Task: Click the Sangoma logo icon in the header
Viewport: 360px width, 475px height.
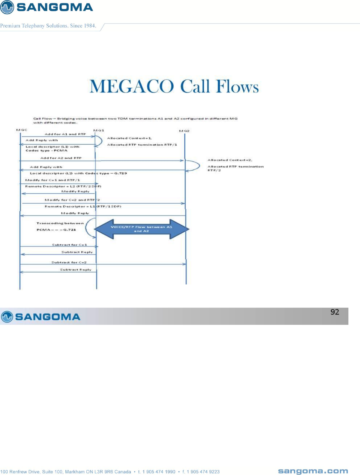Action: point(7,7)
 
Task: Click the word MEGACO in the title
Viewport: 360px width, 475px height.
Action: point(132,86)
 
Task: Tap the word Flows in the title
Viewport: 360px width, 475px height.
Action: point(237,86)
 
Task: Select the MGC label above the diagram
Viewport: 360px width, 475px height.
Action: point(22,130)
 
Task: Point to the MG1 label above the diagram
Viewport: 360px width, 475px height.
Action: point(99,131)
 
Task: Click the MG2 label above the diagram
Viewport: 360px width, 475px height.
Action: point(184,131)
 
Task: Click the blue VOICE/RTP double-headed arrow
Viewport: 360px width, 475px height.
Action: point(141,229)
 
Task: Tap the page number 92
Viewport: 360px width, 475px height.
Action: point(335,312)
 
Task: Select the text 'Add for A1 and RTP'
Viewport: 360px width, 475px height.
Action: point(65,134)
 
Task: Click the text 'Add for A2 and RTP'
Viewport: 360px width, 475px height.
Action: point(61,158)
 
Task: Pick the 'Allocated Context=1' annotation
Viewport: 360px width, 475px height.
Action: point(129,138)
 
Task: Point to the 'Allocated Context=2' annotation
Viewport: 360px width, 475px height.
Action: point(230,160)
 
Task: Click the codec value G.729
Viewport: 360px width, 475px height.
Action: point(121,173)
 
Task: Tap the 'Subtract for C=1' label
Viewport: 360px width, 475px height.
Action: point(69,245)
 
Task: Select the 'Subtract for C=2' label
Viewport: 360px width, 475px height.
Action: point(69,262)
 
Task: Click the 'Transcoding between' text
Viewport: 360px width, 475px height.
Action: point(60,223)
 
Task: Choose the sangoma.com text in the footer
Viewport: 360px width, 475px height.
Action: point(313,471)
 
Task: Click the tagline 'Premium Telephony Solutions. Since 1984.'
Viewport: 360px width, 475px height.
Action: point(48,26)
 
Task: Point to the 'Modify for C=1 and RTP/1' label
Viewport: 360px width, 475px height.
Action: point(53,180)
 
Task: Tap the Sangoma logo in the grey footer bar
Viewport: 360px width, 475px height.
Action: point(41,317)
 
